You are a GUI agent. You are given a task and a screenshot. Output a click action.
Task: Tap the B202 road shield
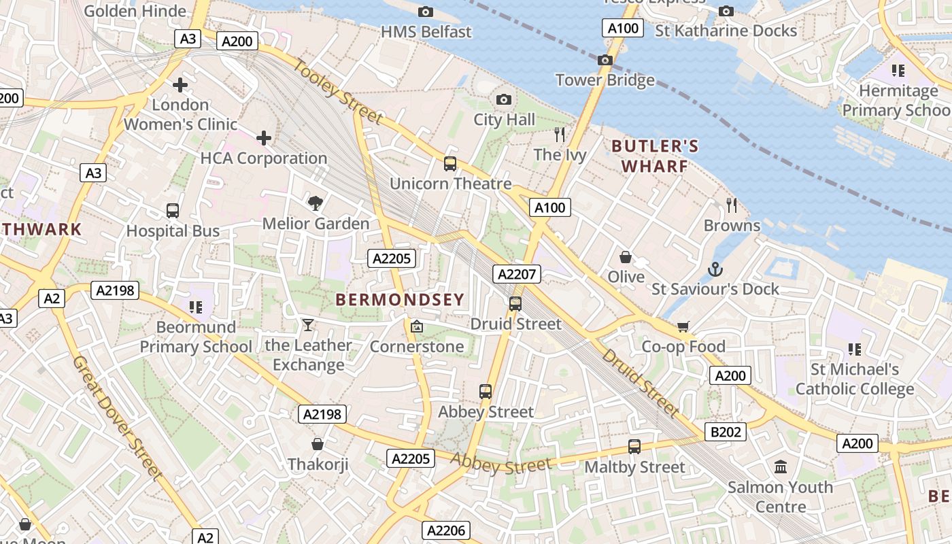point(728,431)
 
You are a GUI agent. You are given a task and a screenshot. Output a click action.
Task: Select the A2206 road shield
point(446,530)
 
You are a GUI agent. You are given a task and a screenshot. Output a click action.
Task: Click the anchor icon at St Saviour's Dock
point(715,269)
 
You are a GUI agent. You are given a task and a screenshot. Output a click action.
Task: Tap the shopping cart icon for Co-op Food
point(683,326)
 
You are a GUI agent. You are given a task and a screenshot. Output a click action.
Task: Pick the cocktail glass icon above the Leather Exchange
point(308,325)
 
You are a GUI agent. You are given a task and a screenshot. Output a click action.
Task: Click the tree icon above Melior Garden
point(315,203)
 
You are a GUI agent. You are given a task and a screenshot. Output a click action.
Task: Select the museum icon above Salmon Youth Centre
point(781,467)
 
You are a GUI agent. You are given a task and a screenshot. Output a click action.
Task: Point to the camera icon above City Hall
point(504,100)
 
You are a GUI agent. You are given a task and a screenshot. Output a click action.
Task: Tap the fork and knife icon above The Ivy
point(560,134)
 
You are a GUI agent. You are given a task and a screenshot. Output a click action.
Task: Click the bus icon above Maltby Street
point(634,447)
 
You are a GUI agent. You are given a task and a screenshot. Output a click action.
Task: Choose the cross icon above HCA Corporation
point(264,138)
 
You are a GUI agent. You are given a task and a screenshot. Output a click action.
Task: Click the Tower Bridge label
point(605,80)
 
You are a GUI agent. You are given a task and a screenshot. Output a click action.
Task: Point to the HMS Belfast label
point(426,32)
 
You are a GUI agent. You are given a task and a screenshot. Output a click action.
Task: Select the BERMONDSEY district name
point(401,299)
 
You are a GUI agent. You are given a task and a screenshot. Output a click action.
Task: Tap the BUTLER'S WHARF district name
point(655,156)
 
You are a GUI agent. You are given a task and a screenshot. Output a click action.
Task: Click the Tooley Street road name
point(338,92)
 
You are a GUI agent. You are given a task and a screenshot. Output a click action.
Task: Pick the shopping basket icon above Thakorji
point(318,445)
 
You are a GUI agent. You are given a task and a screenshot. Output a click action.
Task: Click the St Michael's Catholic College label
point(855,379)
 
